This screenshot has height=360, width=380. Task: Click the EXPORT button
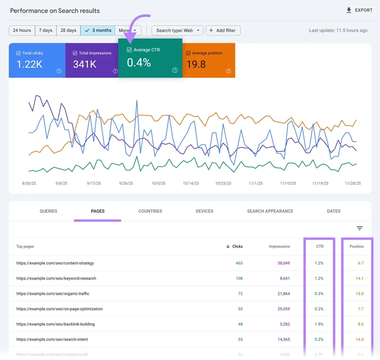click(x=359, y=10)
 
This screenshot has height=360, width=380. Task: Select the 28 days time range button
click(x=68, y=30)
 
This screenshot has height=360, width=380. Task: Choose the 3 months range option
click(x=98, y=30)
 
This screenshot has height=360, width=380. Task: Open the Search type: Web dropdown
click(x=177, y=30)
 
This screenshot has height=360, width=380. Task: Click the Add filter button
click(x=223, y=30)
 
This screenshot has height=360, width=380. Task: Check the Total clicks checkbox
click(x=19, y=53)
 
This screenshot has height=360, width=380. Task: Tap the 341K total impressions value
click(x=85, y=64)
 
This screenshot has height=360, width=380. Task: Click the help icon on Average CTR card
click(x=175, y=70)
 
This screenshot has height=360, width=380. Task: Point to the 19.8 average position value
click(x=196, y=64)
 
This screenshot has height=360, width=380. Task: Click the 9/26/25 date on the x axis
click(x=126, y=183)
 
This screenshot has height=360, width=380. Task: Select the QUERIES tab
click(x=48, y=211)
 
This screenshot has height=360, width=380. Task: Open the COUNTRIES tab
click(x=150, y=211)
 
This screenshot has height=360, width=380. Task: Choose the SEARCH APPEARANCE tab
click(x=270, y=211)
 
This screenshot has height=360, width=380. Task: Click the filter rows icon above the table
click(x=360, y=228)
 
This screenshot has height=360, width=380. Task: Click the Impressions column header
click(x=279, y=246)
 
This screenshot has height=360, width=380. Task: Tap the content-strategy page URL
click(x=55, y=263)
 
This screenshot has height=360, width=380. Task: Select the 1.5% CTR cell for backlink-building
click(x=319, y=324)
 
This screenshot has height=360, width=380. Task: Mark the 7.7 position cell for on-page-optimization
click(x=360, y=309)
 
